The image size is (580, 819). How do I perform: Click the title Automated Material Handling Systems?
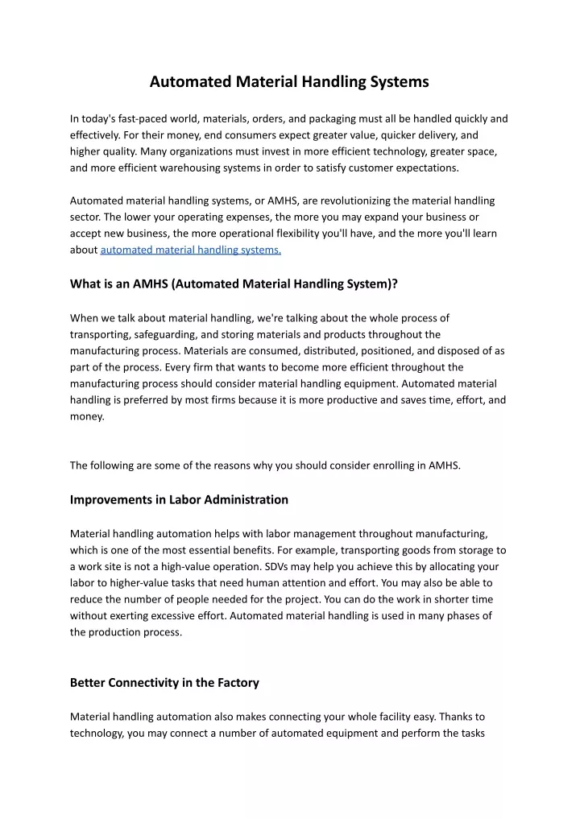click(x=289, y=81)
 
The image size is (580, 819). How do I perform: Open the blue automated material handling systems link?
click(x=190, y=250)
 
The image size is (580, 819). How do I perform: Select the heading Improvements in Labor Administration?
click(x=179, y=499)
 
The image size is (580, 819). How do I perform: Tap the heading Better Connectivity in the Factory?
click(x=164, y=683)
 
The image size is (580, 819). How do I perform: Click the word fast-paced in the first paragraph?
click(x=148, y=118)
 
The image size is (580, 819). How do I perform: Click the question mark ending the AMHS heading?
click(x=395, y=283)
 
